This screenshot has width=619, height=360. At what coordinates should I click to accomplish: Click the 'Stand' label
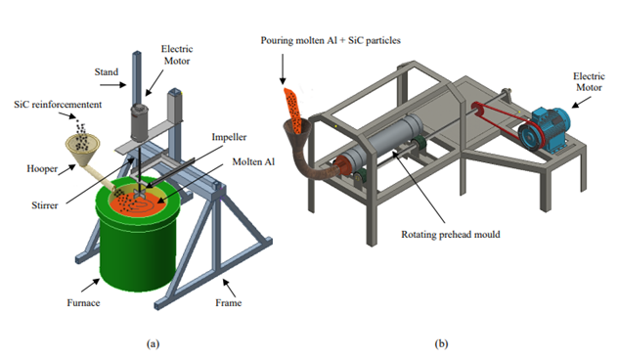point(107,71)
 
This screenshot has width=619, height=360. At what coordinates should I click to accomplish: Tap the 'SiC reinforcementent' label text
point(58,105)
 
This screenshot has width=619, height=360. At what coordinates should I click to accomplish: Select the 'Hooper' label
point(42,169)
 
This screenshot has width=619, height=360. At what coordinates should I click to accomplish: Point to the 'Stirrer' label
point(45,205)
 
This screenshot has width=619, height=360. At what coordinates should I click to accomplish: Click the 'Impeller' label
point(229,137)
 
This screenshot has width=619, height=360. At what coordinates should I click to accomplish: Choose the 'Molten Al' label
point(253,161)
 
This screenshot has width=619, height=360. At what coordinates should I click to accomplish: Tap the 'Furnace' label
point(83,302)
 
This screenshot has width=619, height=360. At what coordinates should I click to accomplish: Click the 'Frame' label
point(229,302)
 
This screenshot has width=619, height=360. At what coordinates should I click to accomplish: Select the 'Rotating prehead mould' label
point(451,235)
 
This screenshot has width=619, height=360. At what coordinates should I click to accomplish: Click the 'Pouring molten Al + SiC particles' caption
point(331,41)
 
